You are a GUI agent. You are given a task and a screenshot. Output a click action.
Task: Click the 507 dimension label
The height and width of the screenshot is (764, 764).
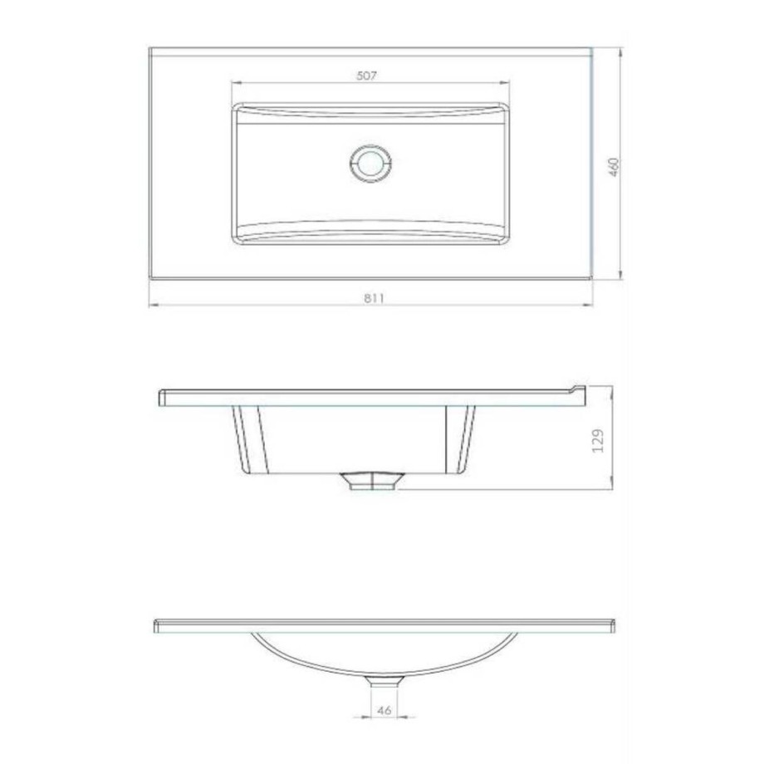(x=366, y=76)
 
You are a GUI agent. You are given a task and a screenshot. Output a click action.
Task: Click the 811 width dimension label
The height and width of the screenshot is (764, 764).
(x=374, y=297)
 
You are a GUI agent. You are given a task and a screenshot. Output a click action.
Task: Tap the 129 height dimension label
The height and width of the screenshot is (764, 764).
(x=598, y=440)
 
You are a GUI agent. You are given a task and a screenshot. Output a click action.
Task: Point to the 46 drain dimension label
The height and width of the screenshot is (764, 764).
(x=384, y=710)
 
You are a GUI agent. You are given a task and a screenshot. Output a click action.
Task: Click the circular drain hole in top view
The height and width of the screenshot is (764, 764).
(x=371, y=164)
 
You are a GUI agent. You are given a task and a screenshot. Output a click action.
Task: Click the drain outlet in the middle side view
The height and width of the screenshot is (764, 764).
(x=372, y=481)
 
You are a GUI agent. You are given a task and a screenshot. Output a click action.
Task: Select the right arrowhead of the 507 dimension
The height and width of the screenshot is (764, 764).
(x=504, y=83)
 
